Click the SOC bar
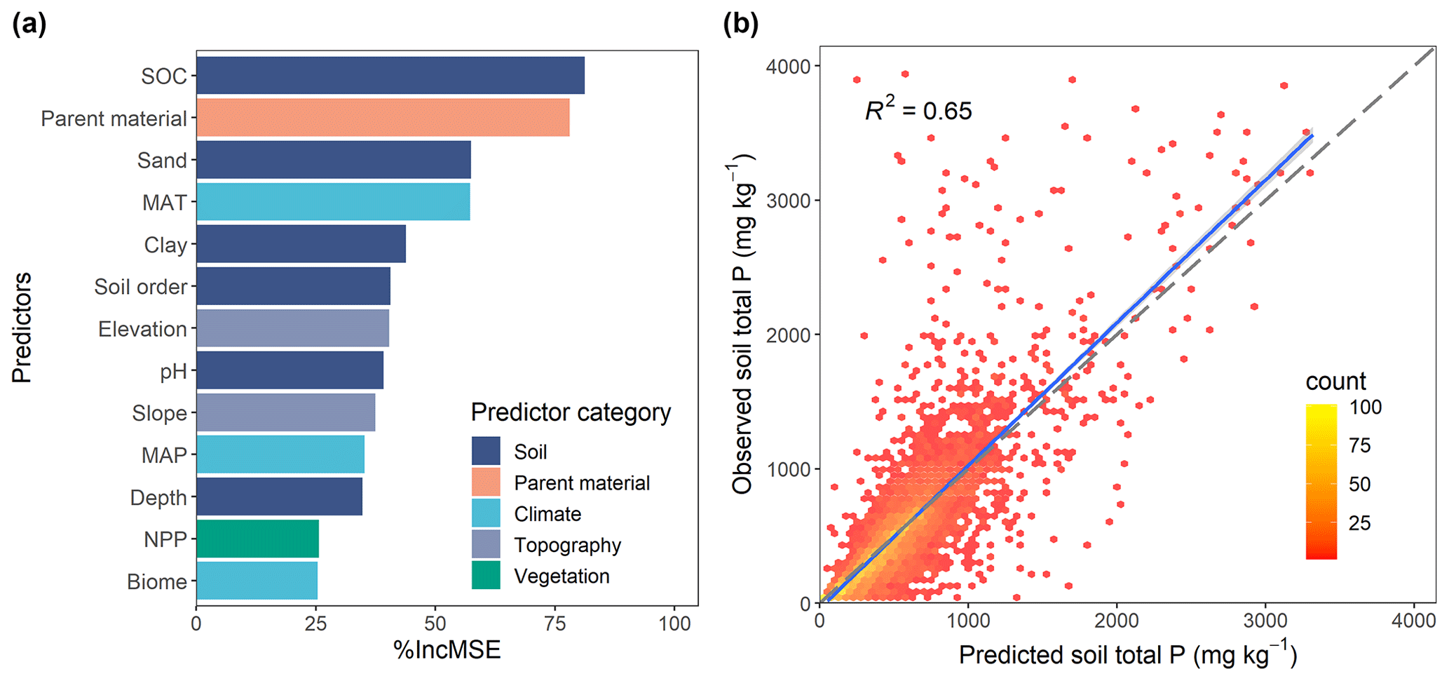390,75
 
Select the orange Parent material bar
383,118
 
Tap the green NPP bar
257,539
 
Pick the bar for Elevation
292,328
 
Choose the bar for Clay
301,244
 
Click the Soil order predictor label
141,287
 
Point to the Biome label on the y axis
157,581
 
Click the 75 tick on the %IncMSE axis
555,623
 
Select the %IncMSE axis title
447,650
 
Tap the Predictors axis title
22,328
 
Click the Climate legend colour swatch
486,513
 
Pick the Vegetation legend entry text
562,576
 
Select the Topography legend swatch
486,544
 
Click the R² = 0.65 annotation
918,110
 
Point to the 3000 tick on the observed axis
789,201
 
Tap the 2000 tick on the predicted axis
1117,621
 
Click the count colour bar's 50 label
1359,484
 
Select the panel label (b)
740,25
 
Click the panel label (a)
29,25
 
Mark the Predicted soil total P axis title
1127,654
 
